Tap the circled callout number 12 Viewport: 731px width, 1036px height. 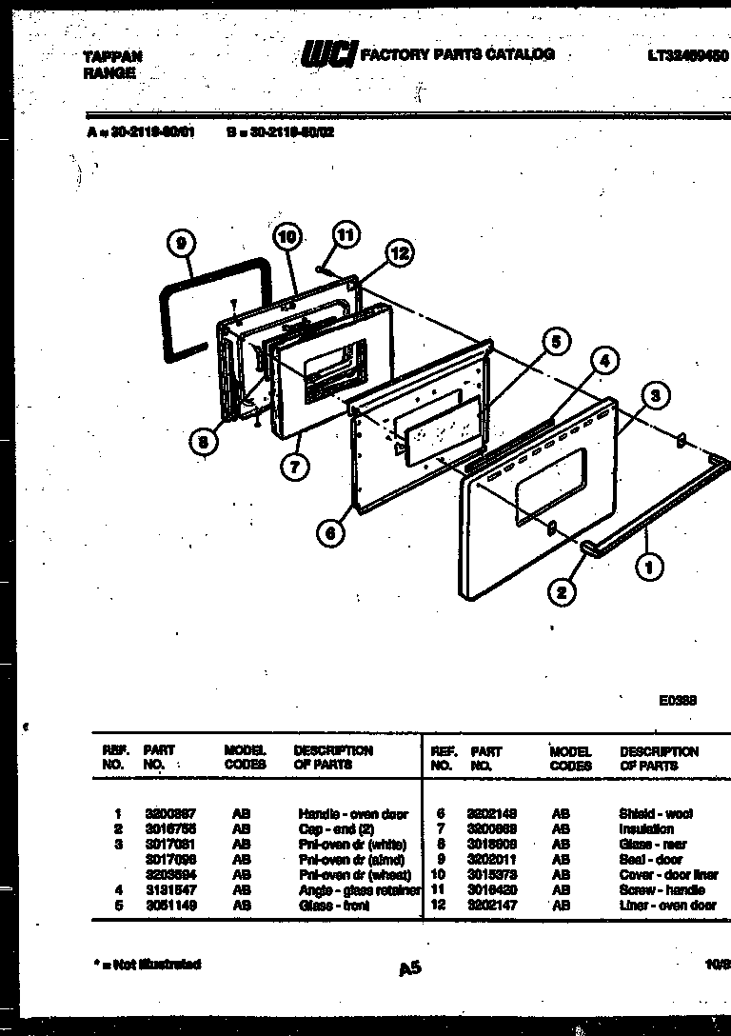coord(399,253)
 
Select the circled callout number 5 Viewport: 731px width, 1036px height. coord(557,341)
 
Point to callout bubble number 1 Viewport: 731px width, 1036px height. coord(649,568)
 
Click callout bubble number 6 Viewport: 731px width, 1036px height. coord(330,533)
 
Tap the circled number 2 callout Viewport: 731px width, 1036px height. coord(562,591)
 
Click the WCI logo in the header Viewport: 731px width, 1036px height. coord(327,56)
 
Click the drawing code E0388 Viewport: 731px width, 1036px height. coord(679,700)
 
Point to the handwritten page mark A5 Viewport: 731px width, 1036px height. coord(409,968)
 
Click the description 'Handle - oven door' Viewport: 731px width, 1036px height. coord(352,814)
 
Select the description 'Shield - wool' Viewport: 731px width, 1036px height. coord(656,814)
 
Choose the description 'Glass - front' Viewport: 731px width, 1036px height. coord(332,906)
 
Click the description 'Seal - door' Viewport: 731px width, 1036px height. coord(650,860)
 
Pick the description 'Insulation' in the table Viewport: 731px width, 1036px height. coord(645,829)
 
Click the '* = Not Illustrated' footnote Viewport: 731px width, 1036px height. coord(148,965)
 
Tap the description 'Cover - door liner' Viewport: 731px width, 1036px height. coord(668,875)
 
